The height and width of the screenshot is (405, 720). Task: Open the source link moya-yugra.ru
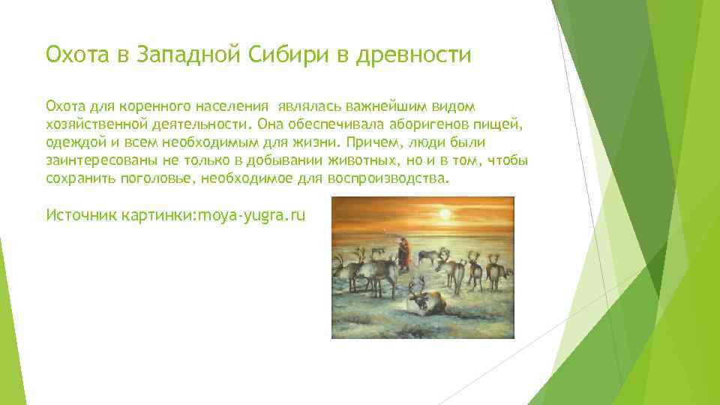250,215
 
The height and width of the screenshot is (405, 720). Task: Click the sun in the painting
444,214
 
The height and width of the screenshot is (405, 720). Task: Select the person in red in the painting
404,253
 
